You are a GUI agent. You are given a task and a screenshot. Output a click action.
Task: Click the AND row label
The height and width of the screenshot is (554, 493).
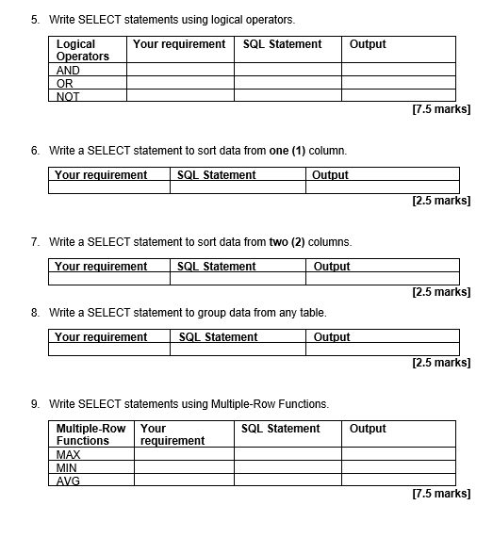pos(69,71)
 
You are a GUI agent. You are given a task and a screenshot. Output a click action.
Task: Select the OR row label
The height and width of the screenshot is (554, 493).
pos(65,83)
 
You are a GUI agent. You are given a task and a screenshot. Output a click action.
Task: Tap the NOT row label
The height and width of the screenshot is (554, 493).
pos(69,96)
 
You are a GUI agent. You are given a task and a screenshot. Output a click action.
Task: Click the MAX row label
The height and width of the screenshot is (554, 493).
pos(69,455)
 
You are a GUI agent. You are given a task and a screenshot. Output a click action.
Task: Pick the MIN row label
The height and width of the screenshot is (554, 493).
pos(67,467)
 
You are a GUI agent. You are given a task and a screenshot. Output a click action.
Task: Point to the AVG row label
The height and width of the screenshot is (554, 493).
pos(69,481)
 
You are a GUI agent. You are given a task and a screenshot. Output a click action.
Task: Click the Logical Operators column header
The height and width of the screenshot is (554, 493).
pos(83,50)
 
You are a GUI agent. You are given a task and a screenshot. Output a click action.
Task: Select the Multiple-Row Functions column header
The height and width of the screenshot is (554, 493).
pos(90,434)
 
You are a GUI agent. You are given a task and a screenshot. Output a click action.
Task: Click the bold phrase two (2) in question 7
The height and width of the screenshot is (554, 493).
pos(289,242)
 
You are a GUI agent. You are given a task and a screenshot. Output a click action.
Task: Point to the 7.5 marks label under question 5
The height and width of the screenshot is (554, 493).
pos(441,110)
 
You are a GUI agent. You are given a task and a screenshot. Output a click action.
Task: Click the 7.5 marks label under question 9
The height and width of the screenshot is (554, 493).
pos(441,494)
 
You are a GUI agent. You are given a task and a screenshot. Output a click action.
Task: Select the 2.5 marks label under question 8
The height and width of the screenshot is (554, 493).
pos(441,363)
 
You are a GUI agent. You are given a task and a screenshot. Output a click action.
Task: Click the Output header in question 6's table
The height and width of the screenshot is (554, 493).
pos(330,175)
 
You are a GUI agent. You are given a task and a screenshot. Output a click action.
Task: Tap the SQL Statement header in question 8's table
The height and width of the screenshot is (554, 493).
pos(218,337)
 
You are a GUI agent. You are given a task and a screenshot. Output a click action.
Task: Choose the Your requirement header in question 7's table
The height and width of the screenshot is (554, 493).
pos(101,267)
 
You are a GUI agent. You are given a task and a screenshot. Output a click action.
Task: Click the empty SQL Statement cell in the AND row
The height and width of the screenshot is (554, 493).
pos(288,71)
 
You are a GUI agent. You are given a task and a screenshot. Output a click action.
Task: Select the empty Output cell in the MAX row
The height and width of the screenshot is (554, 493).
pos(398,455)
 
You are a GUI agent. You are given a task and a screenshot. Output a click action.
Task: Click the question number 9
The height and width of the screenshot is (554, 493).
pos(35,404)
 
